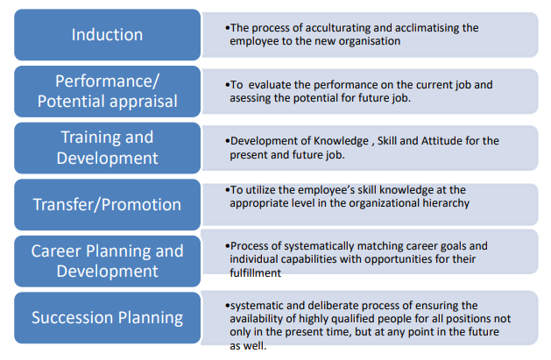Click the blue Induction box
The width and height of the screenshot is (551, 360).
click(x=107, y=35)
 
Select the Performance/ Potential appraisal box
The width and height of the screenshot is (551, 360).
click(x=107, y=91)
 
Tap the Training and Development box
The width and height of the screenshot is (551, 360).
click(x=107, y=147)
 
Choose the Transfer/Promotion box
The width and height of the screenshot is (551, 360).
click(x=107, y=204)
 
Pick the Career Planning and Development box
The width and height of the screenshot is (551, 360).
click(x=107, y=261)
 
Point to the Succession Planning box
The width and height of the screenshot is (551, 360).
click(x=107, y=317)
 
